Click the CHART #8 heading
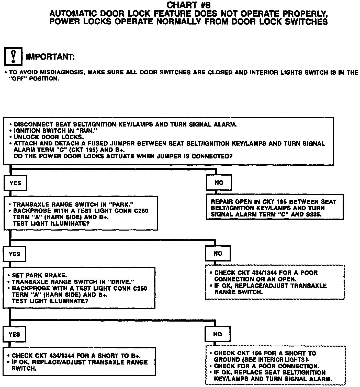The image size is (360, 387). (189, 5)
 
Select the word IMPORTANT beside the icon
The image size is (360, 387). (50, 56)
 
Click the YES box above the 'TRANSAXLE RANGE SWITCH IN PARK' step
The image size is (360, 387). (15, 183)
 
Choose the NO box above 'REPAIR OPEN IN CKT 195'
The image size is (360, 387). (219, 183)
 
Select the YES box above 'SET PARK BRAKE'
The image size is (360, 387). (14, 254)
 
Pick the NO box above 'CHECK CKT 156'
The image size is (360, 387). (218, 334)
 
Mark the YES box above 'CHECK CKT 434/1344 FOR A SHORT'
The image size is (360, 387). (14, 335)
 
